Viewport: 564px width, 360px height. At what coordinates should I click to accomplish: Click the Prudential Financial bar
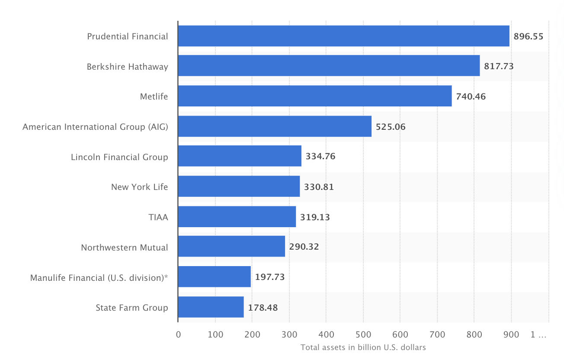pyautogui.click(x=343, y=36)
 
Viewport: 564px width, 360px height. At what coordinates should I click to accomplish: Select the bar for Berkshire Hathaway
pyautogui.click(x=329, y=66)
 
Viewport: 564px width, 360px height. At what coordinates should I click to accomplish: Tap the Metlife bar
pyautogui.click(x=314, y=96)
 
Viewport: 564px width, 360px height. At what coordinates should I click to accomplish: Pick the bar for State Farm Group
pyautogui.click(x=211, y=307)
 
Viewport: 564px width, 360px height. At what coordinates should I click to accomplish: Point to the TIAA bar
pyautogui.click(x=237, y=216)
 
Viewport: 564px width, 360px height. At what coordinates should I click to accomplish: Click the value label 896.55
pyautogui.click(x=528, y=36)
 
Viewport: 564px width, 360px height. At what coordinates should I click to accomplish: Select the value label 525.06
pyautogui.click(x=391, y=127)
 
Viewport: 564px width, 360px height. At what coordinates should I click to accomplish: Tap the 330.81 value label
pyautogui.click(x=319, y=187)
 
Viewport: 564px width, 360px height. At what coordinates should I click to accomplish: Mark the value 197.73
pyautogui.click(x=270, y=277)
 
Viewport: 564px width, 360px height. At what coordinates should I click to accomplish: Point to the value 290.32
pyautogui.click(x=304, y=247)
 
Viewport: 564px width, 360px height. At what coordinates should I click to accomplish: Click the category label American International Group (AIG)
pyautogui.click(x=95, y=127)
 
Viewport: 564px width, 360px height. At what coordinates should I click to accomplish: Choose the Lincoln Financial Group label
pyautogui.click(x=119, y=157)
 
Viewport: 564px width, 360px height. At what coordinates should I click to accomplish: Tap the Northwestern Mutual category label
pyautogui.click(x=125, y=247)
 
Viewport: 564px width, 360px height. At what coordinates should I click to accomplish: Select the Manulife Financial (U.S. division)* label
pyautogui.click(x=99, y=277)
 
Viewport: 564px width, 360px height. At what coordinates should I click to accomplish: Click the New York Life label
pyautogui.click(x=139, y=187)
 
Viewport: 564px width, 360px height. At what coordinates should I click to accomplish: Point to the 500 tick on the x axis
pyautogui.click(x=363, y=334)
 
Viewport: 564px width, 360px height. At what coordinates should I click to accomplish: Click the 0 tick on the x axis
pyautogui.click(x=178, y=334)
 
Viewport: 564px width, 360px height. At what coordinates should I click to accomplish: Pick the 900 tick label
pyautogui.click(x=511, y=334)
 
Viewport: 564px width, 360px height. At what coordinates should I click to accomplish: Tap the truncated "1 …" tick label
pyautogui.click(x=538, y=334)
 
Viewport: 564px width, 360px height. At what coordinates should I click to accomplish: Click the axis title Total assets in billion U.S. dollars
pyautogui.click(x=363, y=347)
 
